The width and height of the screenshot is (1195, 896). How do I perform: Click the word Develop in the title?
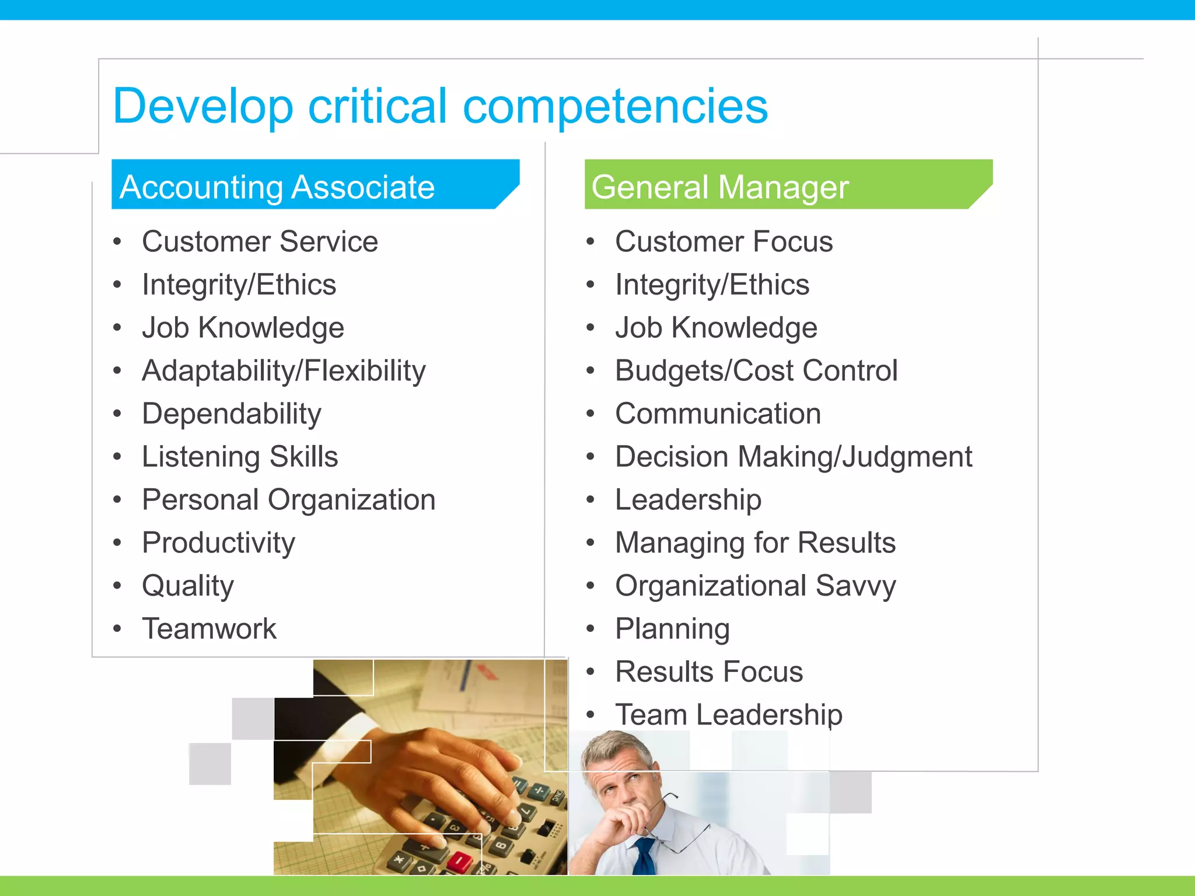click(x=202, y=107)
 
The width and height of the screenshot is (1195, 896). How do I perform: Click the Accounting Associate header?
click(x=277, y=187)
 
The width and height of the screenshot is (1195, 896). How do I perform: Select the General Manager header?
click(x=719, y=187)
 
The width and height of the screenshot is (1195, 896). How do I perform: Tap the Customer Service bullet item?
click(x=260, y=242)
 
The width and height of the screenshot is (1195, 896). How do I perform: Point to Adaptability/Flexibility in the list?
click(x=284, y=371)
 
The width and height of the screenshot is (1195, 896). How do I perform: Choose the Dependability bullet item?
click(x=232, y=414)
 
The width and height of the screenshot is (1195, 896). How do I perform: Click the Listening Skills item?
click(x=240, y=457)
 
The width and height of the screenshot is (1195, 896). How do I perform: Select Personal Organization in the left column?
click(x=289, y=500)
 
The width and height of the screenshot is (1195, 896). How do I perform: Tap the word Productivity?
click(x=219, y=543)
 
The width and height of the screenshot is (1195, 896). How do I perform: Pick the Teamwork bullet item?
click(x=209, y=629)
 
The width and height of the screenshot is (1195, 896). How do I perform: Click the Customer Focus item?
click(x=724, y=242)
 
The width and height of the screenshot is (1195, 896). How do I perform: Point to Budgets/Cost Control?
click(x=756, y=371)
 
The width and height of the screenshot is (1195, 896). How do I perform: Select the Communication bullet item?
click(x=718, y=414)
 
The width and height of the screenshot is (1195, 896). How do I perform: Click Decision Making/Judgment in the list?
click(x=794, y=457)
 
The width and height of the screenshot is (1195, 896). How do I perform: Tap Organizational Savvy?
click(x=755, y=586)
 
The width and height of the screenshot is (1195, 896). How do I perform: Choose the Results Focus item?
click(x=709, y=672)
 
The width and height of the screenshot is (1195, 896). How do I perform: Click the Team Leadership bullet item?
click(x=729, y=715)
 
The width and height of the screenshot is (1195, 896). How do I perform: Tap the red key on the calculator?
click(x=461, y=860)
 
